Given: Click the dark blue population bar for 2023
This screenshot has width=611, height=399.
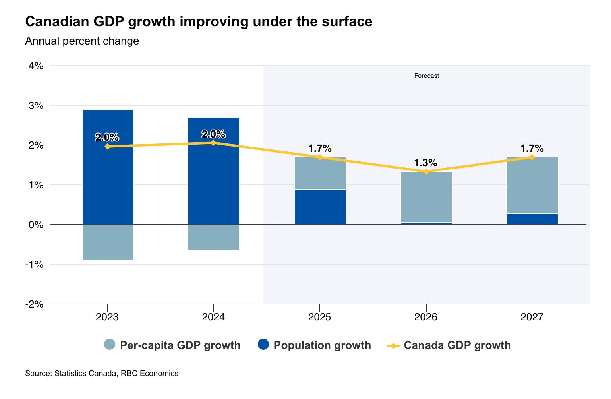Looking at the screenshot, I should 108,183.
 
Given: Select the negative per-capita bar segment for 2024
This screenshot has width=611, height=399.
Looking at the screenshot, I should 213,237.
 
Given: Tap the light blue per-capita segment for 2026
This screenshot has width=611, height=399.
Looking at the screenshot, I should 426,197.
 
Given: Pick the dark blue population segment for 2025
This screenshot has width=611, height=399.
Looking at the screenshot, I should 320,207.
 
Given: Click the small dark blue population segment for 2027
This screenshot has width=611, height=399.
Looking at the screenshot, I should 532,219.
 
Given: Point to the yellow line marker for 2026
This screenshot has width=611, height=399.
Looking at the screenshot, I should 426,172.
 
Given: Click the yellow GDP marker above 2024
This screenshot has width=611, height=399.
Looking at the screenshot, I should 213,143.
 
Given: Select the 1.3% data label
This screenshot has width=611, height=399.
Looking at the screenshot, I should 425,163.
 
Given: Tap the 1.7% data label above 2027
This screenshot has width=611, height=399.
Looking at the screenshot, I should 532,149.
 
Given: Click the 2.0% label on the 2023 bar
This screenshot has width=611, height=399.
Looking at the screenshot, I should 107,137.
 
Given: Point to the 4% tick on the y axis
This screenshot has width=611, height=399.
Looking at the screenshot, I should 35,66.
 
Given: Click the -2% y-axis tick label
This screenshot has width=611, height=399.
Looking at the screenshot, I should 34,304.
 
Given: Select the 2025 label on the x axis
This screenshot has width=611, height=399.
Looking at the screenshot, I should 320,317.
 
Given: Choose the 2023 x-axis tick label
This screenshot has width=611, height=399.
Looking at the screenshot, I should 107,317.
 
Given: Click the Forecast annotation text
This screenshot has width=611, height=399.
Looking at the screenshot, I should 426,76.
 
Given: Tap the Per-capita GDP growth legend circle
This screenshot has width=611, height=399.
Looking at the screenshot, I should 110,345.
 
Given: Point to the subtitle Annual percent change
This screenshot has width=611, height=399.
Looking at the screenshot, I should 82,41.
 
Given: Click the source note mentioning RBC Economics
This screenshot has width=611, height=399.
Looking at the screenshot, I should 102,373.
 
